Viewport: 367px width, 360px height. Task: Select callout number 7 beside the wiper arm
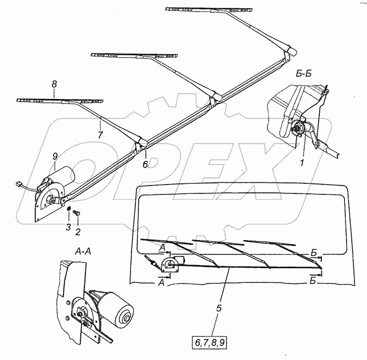[x=100, y=135]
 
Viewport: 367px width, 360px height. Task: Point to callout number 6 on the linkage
[x=145, y=164]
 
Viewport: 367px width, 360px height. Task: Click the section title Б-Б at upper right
[x=303, y=74]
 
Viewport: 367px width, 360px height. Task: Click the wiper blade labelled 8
[x=59, y=100]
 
